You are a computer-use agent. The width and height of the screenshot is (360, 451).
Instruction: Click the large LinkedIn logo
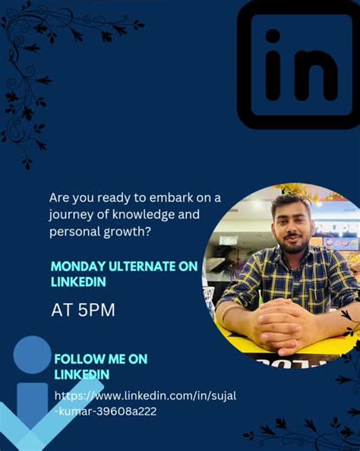click(x=300, y=65)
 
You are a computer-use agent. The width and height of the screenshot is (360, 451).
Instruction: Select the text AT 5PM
click(x=83, y=310)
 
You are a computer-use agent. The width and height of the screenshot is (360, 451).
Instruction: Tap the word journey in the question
click(x=71, y=214)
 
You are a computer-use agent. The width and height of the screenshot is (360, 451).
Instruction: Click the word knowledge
click(x=145, y=214)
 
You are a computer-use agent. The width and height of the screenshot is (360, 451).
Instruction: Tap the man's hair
click(x=292, y=203)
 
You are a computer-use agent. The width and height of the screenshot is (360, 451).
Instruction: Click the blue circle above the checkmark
click(x=33, y=355)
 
